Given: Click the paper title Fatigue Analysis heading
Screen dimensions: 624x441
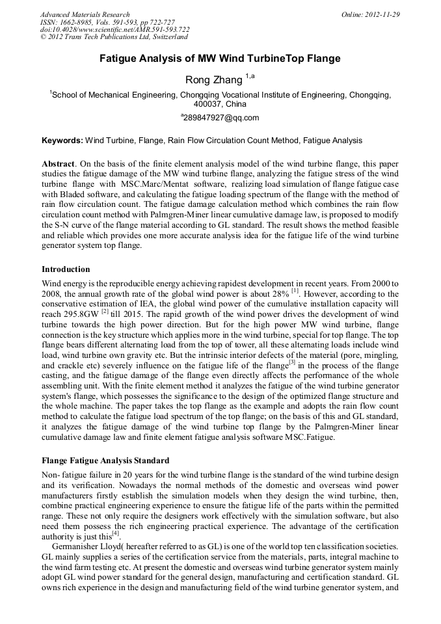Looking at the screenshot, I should [220, 59].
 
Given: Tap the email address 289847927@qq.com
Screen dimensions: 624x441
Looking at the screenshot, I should [221, 118].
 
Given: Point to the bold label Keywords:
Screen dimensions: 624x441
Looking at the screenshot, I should [62, 141].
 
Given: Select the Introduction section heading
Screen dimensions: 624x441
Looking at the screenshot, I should [66, 269].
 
